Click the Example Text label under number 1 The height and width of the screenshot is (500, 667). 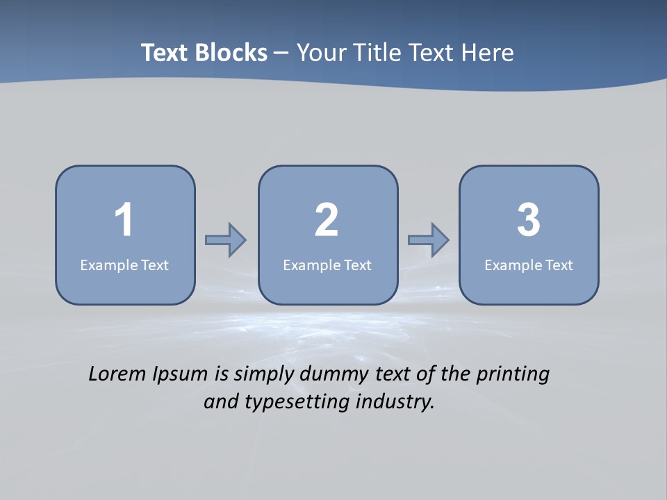click(124, 265)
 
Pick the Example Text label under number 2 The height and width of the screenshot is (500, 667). click(327, 265)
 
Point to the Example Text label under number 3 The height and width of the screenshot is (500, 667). click(529, 265)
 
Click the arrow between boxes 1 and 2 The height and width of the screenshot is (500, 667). click(226, 240)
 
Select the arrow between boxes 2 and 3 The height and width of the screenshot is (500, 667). click(429, 240)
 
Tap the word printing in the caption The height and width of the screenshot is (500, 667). click(512, 375)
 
